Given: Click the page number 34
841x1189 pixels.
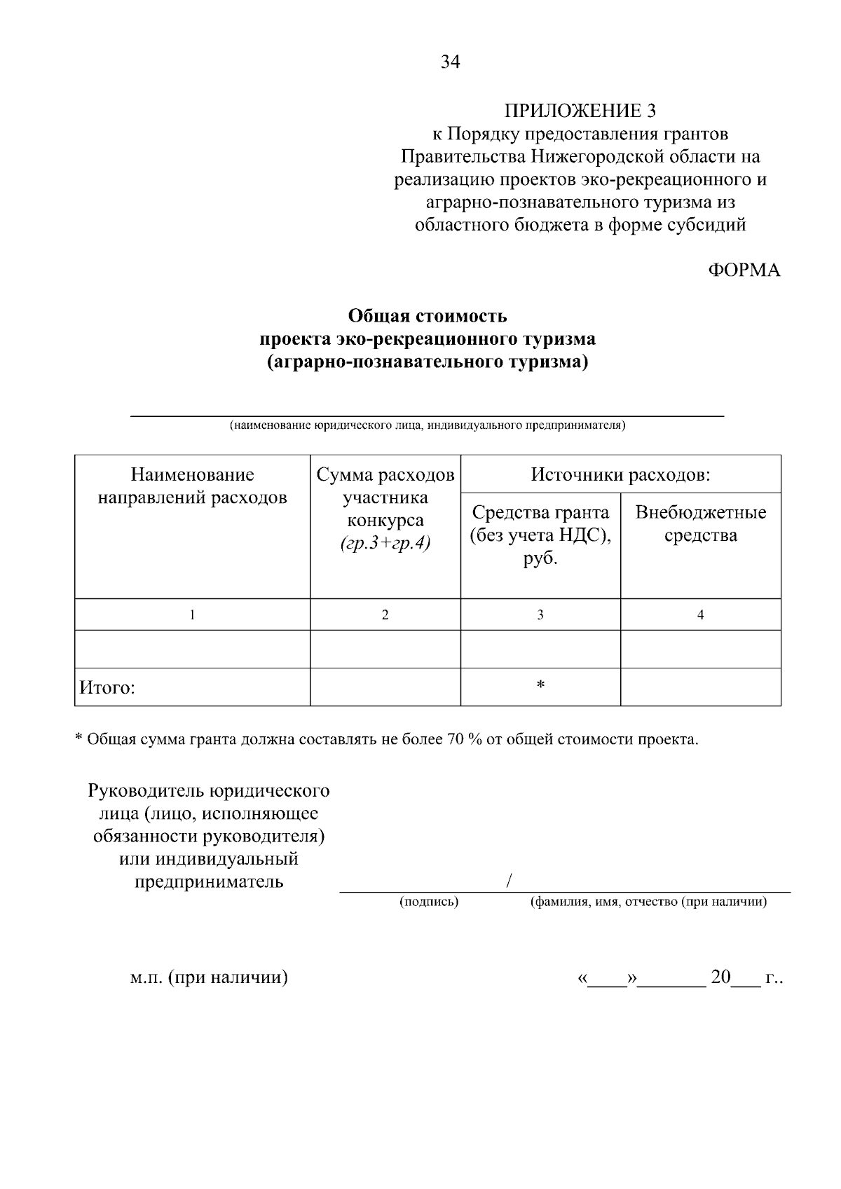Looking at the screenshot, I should (451, 62).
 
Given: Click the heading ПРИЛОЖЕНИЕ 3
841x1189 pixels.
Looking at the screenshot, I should (580, 111).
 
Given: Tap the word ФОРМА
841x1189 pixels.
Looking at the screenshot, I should (744, 270).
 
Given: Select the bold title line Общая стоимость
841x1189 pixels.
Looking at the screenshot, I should (428, 316).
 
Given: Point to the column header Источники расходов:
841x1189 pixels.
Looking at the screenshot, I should (620, 475).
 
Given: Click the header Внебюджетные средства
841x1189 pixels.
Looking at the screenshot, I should (700, 523).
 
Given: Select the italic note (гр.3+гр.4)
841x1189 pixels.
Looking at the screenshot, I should (385, 543).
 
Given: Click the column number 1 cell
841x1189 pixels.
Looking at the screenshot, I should (192, 615).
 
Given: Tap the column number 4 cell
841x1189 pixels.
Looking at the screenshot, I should (700, 615).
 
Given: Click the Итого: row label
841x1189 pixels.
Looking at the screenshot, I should (107, 688).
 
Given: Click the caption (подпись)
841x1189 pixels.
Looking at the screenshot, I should (429, 902).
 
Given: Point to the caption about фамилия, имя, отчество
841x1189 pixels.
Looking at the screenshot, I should (648, 902).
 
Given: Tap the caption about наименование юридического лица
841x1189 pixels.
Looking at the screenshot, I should (428, 425).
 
